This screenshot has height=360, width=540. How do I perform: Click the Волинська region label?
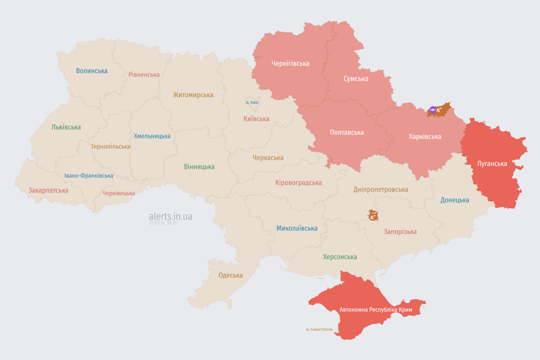coord(92,71)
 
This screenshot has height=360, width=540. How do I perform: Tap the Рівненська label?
coord(144,75)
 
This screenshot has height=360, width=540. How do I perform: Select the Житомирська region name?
coord(193,95)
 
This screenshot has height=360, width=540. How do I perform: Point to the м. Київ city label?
coord(252,102)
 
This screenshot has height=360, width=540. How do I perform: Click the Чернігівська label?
coord(290,63)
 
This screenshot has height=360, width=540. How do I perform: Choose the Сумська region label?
coord(356,78)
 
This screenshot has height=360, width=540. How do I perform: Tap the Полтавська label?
coord(346,132)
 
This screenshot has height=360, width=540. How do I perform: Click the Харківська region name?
coord(425,136)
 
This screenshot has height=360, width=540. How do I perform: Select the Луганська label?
coord(492,164)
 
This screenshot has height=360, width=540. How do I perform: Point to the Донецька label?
coord(455,200)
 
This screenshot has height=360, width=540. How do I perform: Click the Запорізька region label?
coord(400,232)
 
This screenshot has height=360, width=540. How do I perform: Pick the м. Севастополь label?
coord(319,330)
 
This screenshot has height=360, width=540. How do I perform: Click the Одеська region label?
coord(231,275)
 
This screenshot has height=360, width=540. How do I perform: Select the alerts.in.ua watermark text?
coord(170,216)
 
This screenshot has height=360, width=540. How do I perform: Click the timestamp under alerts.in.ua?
coord(163,223)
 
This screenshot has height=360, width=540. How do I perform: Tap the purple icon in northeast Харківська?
coord(432,110)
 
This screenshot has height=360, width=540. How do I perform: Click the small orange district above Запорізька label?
coord(373,215)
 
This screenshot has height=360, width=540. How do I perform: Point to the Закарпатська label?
coord(48,190)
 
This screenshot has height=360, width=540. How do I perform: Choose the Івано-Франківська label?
coord(89,176)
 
